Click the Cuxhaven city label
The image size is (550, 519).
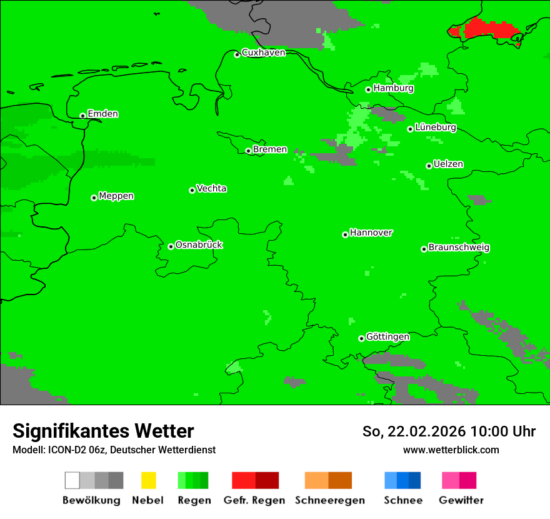[x=263, y=53]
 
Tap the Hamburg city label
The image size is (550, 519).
[x=393, y=88]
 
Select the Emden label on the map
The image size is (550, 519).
[x=102, y=114]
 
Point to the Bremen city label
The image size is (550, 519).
[x=269, y=149]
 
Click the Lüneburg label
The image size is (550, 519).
[x=435, y=128]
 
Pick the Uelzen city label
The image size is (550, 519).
[x=448, y=164]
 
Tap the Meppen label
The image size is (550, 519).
[x=116, y=196]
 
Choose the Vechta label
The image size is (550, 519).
[x=211, y=189]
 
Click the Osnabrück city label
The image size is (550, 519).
[x=199, y=245]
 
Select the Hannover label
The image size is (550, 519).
[x=371, y=233]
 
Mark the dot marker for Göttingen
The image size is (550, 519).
[x=361, y=338]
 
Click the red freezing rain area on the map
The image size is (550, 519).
[x=487, y=29]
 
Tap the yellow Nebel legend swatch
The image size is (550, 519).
[x=148, y=480]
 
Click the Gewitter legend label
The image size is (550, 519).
[x=461, y=500]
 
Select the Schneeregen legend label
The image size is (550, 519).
[x=329, y=500]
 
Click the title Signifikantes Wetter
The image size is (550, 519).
[x=103, y=431]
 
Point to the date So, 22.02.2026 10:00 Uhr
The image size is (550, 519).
[x=449, y=431]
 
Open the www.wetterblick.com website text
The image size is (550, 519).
[x=451, y=450]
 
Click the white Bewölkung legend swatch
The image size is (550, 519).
[x=72, y=480]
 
